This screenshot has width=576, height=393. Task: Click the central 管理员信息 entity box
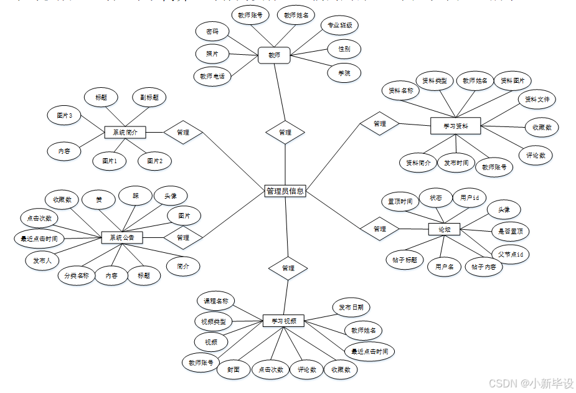click(x=285, y=191)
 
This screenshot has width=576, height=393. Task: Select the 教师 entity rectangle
click(x=275, y=55)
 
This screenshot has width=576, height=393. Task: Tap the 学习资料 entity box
click(x=456, y=126)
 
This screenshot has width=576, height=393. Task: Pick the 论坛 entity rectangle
click(x=444, y=229)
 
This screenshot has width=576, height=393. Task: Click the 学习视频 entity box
click(x=283, y=321)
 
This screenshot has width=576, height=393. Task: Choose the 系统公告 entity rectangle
click(x=122, y=237)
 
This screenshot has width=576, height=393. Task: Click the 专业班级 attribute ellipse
click(x=340, y=26)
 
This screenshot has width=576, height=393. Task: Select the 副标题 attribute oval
click(x=149, y=98)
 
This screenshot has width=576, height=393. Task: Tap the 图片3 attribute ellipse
click(x=64, y=115)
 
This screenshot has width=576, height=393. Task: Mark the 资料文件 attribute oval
click(x=537, y=99)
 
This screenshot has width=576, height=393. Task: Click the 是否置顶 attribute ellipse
click(x=510, y=232)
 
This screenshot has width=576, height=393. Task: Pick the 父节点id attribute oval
click(x=510, y=254)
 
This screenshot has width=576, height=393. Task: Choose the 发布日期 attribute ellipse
click(x=351, y=307)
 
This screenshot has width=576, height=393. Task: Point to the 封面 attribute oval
click(x=233, y=369)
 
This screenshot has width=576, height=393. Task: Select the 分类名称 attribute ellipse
click(x=77, y=275)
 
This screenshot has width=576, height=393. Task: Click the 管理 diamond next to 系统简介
click(x=183, y=132)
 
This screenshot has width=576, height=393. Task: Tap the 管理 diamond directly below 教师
click(x=285, y=132)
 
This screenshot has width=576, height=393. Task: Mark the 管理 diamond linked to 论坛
click(x=379, y=229)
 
